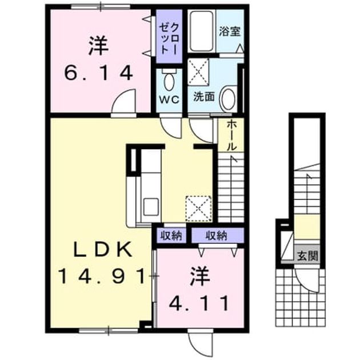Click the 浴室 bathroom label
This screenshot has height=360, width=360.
[230, 31]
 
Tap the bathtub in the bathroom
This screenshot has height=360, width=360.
[202, 31]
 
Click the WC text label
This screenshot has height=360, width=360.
[170, 99]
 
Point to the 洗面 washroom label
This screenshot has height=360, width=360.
[204, 97]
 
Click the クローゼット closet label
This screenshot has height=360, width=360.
[169, 39]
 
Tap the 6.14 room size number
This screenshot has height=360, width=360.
[98, 73]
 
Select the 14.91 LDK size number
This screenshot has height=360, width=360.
[102, 277]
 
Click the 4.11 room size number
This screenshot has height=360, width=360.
[199, 303]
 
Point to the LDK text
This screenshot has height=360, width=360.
[102, 250]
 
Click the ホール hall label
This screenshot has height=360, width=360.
[231, 135]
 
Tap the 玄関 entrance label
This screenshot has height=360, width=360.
[307, 256]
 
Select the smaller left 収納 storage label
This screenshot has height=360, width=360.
[171, 235]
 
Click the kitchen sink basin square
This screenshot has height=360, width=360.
[151, 207]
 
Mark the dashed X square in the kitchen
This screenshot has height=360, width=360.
[198, 209]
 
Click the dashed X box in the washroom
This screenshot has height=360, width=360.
[198, 71]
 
